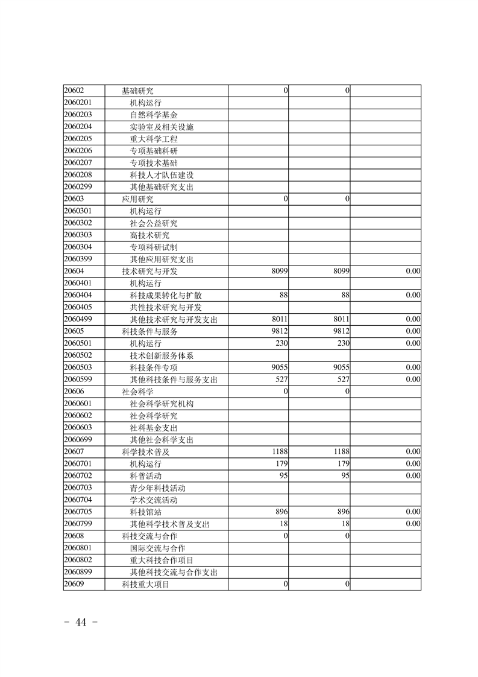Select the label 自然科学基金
(x=154, y=115)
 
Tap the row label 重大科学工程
(x=154, y=139)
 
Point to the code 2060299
(x=78, y=187)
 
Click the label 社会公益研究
(x=154, y=223)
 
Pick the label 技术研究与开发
(x=149, y=272)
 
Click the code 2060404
(x=78, y=295)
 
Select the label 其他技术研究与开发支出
(x=174, y=319)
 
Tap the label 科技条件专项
(x=154, y=367)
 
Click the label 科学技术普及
(x=145, y=452)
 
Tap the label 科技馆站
(x=145, y=512)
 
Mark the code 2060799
(x=78, y=524)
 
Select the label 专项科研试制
(x=154, y=247)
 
